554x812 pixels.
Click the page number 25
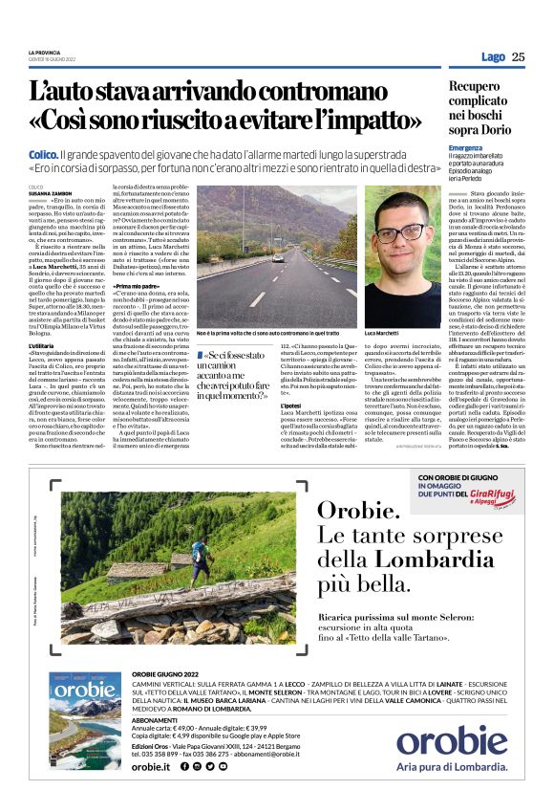(x=519, y=56)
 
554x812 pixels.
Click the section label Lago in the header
(x=493, y=56)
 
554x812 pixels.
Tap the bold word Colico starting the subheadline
(x=43, y=154)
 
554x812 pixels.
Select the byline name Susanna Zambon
(x=51, y=192)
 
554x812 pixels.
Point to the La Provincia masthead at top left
(x=45, y=52)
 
